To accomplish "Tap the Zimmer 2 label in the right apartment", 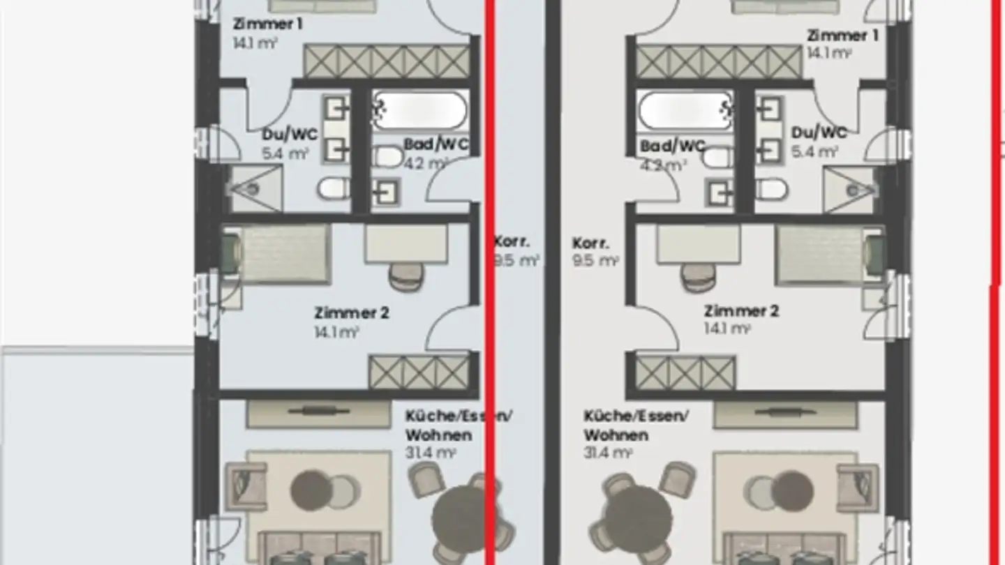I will [740, 311].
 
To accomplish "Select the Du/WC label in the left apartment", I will [290, 134].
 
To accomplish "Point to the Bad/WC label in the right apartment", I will [672, 147].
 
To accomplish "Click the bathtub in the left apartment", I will [419, 110].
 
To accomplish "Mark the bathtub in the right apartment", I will [686, 110].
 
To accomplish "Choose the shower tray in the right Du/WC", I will [849, 189].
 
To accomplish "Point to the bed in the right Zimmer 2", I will [821, 254].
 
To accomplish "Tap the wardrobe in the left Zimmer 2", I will [419, 372].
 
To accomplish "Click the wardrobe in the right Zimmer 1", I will [718, 62].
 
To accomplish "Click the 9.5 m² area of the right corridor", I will [595, 262].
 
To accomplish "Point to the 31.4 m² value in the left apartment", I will [431, 453].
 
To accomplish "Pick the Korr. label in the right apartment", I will [590, 244].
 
